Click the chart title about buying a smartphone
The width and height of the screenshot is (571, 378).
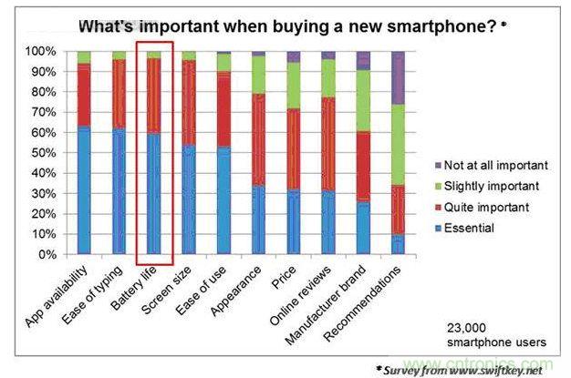click(284, 26)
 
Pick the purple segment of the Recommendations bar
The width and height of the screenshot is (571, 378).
click(397, 78)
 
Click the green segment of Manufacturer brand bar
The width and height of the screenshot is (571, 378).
click(363, 100)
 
